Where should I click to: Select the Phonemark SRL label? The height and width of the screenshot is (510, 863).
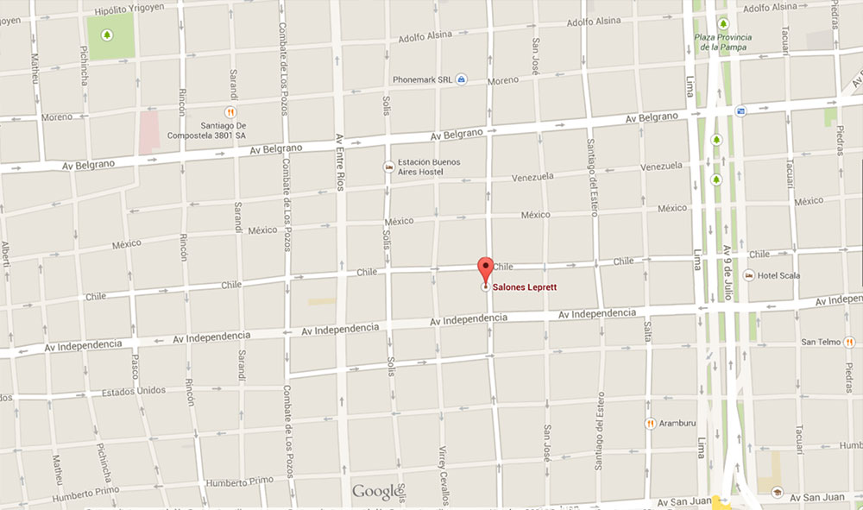[422, 79]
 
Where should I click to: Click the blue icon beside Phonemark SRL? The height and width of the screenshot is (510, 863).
[463, 79]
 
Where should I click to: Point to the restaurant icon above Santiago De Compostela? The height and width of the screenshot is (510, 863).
[230, 111]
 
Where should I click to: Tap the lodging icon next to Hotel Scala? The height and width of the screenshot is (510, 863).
[748, 275]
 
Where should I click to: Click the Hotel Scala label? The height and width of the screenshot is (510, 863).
[779, 275]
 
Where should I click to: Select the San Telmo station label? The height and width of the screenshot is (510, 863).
[820, 342]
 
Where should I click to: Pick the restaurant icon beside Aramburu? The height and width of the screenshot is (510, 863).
[649, 423]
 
